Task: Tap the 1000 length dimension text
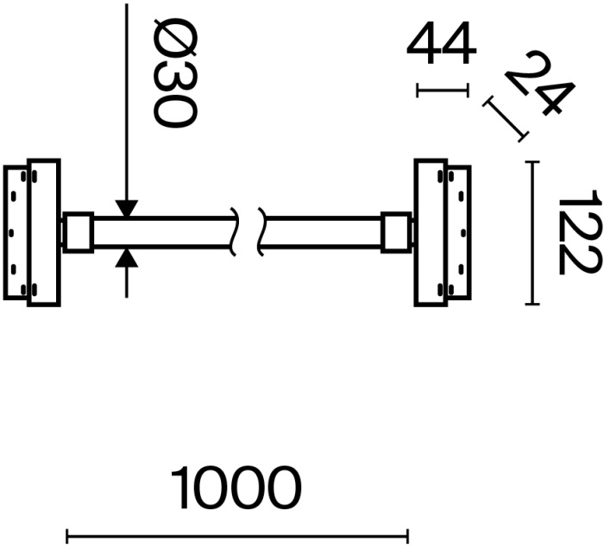(x=236, y=489)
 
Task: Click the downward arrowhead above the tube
(x=127, y=208)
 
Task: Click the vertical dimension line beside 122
(x=532, y=233)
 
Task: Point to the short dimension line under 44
(x=442, y=90)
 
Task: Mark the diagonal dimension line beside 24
(x=506, y=119)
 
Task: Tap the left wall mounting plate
(x=43, y=233)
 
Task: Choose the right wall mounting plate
(x=431, y=233)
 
